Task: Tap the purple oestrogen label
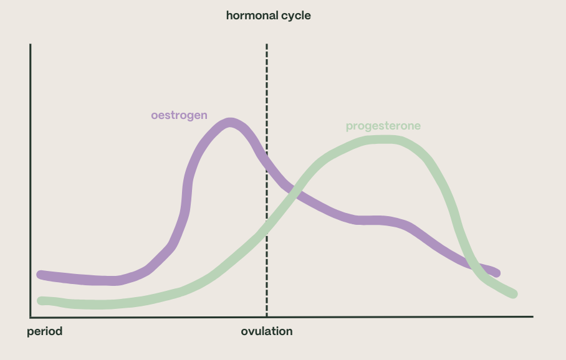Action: [x=179, y=115]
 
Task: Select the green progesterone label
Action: [x=383, y=126]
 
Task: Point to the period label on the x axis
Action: [x=45, y=331]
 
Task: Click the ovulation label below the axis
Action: [x=267, y=331]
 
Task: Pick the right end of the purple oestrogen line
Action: [x=496, y=273]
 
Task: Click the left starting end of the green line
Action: [x=41, y=300]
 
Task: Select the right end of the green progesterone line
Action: [x=514, y=294]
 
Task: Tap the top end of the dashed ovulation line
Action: [x=267, y=45]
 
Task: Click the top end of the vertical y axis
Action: [x=30, y=45]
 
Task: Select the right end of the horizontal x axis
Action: [x=532, y=316]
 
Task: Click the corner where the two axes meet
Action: [x=30, y=316]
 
